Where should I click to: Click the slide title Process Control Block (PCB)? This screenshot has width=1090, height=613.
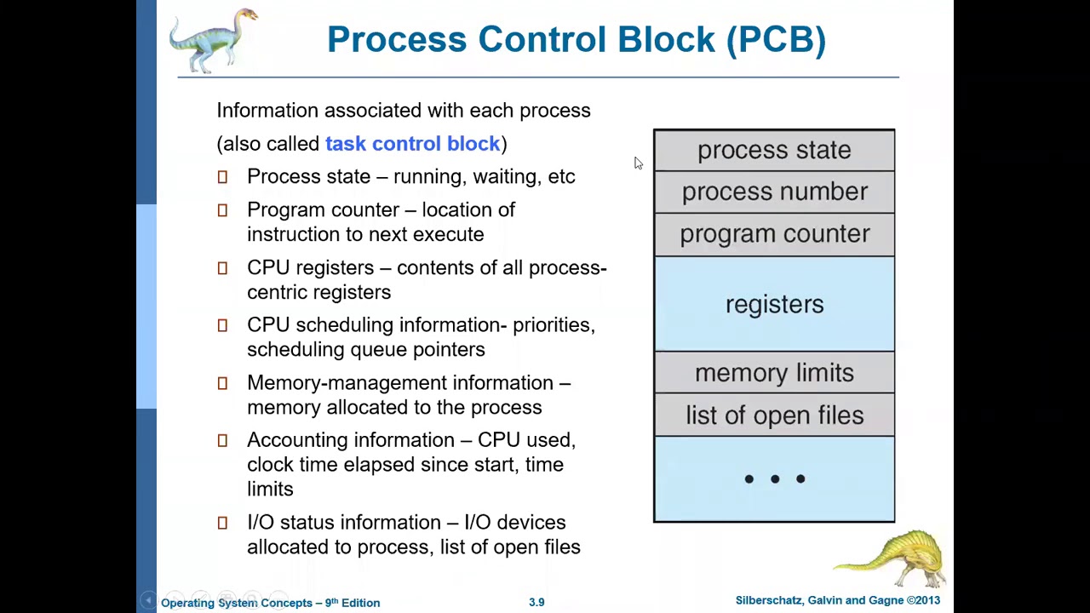pos(576,40)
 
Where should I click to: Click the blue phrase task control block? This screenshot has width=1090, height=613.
pos(413,144)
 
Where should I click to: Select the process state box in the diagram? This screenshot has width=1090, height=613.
pos(773,151)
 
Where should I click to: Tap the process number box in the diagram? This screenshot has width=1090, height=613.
pos(773,192)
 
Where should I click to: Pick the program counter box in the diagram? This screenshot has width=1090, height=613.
pos(773,234)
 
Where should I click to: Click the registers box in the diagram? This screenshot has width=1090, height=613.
pos(773,304)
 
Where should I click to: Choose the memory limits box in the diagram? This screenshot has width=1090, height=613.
pos(773,373)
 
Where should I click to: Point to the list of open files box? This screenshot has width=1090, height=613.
pos(773,415)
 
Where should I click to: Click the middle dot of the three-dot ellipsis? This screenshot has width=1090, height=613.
pos(774,479)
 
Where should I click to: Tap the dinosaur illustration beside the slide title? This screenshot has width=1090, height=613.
pos(212,39)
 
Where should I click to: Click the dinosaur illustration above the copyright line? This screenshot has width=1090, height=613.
pos(894,558)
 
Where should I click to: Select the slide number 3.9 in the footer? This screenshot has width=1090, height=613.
pos(536,602)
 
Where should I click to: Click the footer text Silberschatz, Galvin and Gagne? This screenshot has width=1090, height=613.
pos(818,601)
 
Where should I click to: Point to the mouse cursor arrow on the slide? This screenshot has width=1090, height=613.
pos(638,163)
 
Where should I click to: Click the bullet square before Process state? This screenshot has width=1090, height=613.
pos(222,177)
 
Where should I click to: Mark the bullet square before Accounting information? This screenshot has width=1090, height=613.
pos(222,440)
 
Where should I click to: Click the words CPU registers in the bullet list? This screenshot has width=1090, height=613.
pos(310,267)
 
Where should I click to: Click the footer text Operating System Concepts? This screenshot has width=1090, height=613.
pos(237,603)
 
